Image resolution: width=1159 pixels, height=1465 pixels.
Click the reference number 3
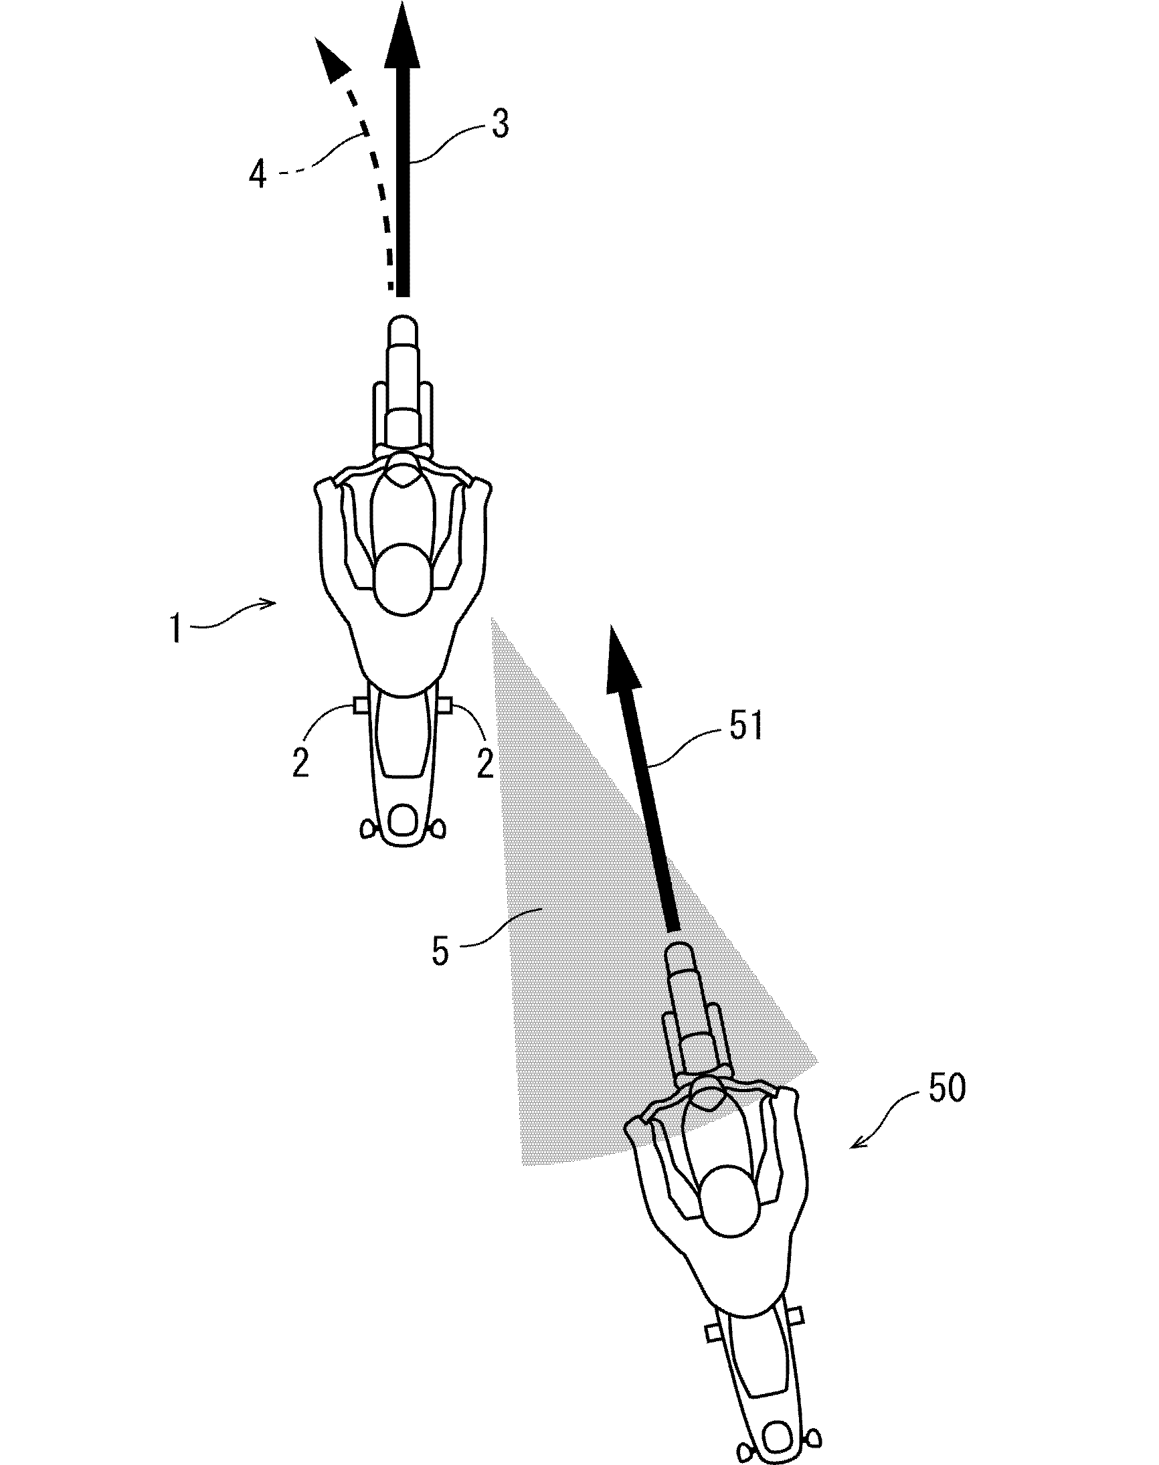pyautogui.click(x=500, y=124)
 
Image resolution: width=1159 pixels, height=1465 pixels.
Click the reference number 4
pyautogui.click(x=258, y=175)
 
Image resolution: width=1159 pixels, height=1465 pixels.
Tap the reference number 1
pyautogui.click(x=177, y=628)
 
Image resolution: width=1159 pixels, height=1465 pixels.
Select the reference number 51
pyautogui.click(x=746, y=725)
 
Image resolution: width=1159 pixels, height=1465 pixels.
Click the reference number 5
pyautogui.click(x=440, y=950)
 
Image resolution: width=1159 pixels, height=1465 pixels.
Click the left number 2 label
pyautogui.click(x=300, y=764)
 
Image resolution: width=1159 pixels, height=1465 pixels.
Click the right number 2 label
pyautogui.click(x=484, y=764)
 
